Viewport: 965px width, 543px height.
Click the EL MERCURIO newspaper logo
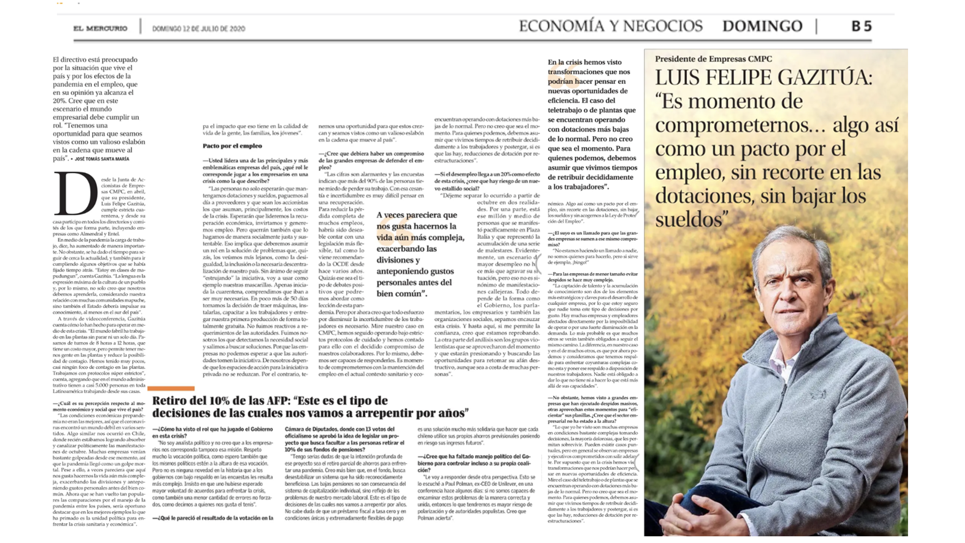(100, 28)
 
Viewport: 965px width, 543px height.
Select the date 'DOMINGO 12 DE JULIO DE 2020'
(199, 28)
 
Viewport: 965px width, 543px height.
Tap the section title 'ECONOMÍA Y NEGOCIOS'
(610, 26)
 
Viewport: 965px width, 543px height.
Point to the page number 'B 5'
(861, 26)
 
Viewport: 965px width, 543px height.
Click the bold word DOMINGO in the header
(762, 26)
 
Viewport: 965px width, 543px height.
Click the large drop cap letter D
(76, 194)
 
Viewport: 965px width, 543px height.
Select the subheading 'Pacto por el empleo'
(232, 146)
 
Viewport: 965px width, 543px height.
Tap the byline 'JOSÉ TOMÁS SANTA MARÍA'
(102, 159)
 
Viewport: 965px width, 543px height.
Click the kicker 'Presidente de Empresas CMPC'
(713, 59)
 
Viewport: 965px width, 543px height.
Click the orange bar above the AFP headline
(171, 388)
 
